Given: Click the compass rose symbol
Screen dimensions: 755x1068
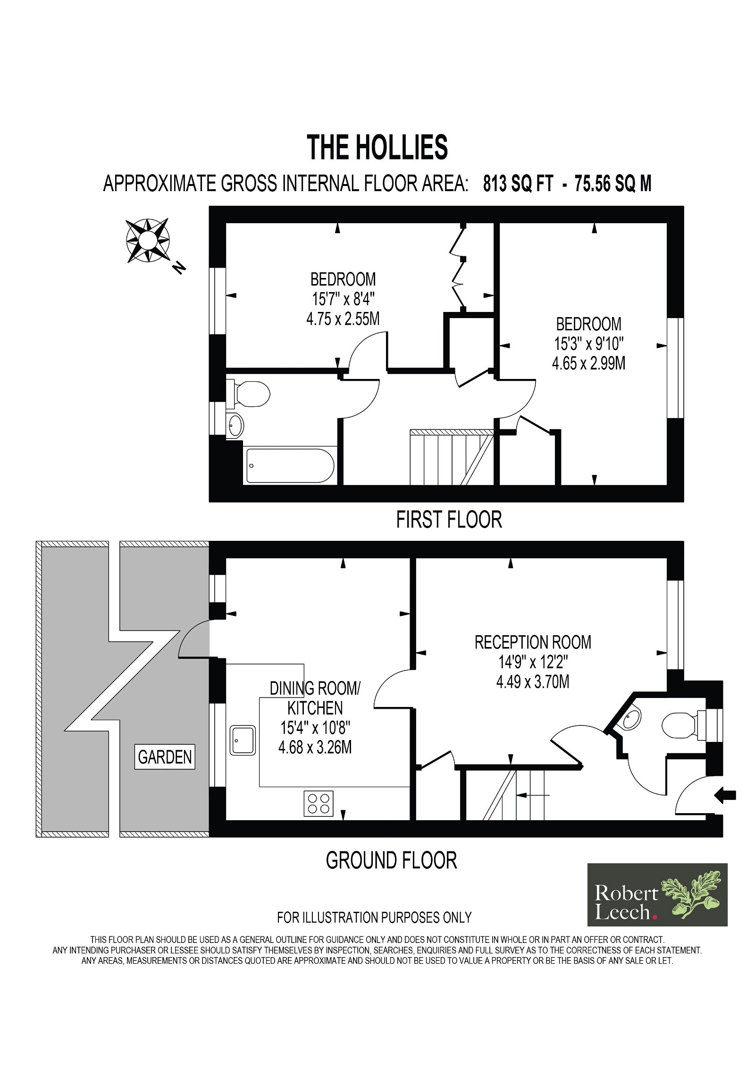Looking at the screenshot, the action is coord(148,240).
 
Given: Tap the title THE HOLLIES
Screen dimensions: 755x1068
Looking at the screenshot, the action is coord(377,147).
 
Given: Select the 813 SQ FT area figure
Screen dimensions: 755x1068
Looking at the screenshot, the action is coord(518,184).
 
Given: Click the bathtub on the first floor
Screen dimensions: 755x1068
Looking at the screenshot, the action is coord(290,465).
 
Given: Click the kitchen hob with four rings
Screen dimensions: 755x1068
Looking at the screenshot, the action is coord(319,803).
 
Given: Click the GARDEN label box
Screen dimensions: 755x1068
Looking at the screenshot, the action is coord(165,757).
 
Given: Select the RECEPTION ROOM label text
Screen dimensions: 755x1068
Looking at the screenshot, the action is coord(533,642).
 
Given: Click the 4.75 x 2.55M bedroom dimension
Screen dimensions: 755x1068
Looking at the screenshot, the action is coord(343,319).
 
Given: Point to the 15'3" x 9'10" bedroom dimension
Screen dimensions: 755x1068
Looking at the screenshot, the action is coord(589,344).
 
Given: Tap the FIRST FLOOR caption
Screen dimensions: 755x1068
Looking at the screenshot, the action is coord(449,520).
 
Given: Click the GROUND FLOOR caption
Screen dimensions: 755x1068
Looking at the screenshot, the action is coord(392,861).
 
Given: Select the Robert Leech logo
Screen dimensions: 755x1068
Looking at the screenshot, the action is coord(657,895).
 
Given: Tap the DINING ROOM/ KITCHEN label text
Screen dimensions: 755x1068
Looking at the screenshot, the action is coord(315,698).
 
